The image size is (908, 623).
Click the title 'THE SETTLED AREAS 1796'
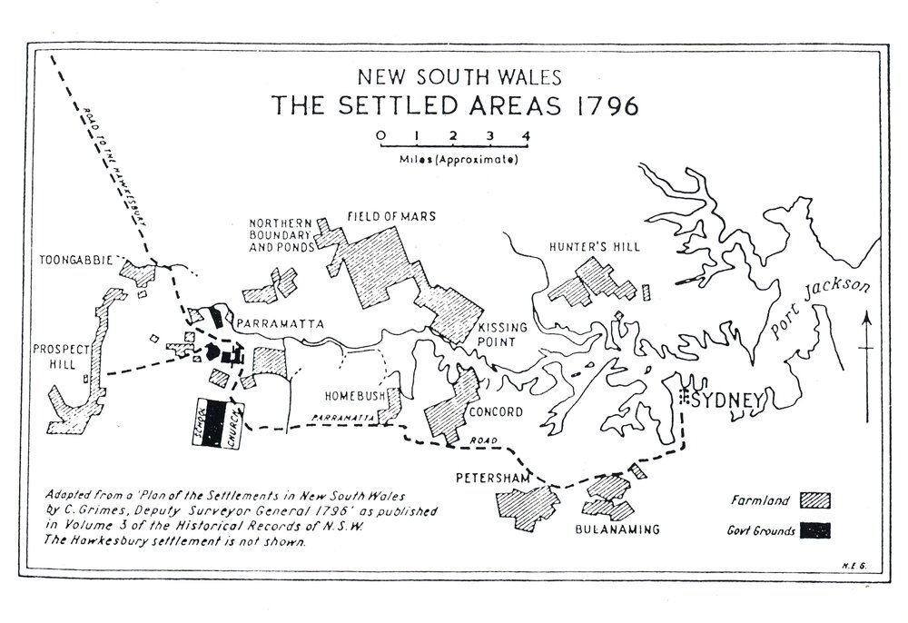[x=455, y=105]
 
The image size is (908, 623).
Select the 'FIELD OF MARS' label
[x=391, y=216]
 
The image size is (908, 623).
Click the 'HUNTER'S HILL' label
[x=595, y=246]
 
